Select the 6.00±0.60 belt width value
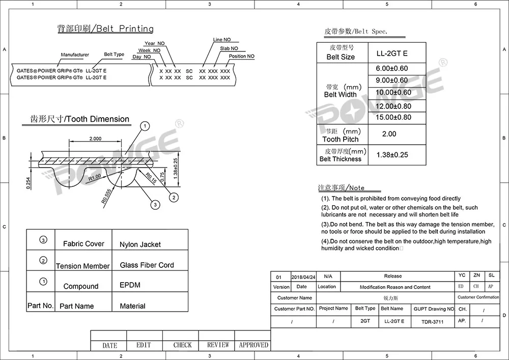coord(392,69)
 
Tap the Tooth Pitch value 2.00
coord(389,134)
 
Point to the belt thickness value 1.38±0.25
coord(392,155)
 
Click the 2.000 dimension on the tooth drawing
coord(95,139)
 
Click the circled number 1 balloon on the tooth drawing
coord(145,126)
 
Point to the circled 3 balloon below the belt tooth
coord(156,204)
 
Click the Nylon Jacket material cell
coord(140,244)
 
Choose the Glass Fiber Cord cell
coord(147,265)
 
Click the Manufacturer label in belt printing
coord(75,55)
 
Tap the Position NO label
coord(241,57)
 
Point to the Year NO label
coord(154,44)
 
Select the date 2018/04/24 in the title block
coord(304,277)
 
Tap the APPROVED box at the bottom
coord(253,345)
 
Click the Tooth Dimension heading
coord(76,119)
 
